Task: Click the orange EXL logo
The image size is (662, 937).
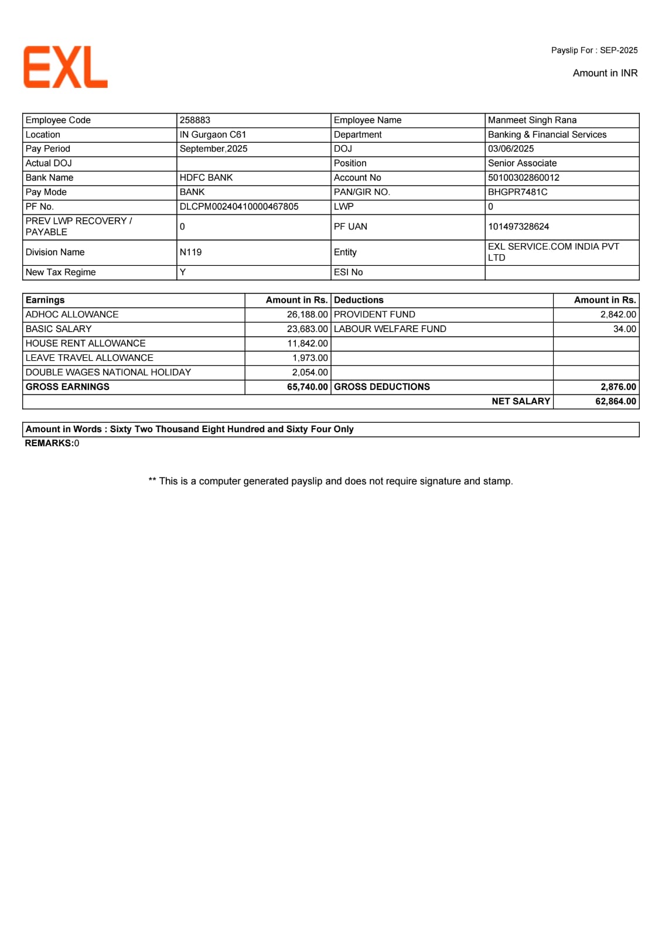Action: tap(66, 67)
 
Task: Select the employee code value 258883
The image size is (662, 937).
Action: tap(195, 120)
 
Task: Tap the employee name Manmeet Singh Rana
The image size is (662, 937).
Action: tap(532, 120)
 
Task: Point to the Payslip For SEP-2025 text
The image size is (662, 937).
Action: tap(594, 50)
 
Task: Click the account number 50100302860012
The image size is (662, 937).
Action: tap(524, 177)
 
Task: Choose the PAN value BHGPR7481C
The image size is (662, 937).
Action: tap(518, 192)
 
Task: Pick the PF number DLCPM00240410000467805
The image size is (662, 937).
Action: tap(239, 207)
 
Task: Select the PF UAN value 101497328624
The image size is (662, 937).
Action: tap(518, 227)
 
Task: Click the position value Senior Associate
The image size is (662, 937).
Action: tap(522, 163)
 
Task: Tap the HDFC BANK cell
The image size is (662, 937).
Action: tap(206, 177)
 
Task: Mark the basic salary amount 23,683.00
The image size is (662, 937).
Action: tap(307, 329)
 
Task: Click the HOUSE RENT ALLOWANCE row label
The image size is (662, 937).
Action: tap(86, 343)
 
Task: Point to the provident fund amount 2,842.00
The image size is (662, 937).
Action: tap(618, 314)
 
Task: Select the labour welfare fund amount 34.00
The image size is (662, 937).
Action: tap(625, 329)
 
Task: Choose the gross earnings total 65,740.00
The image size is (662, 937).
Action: tap(307, 387)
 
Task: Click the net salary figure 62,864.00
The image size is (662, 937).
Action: tap(615, 401)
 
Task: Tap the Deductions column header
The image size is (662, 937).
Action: tap(359, 300)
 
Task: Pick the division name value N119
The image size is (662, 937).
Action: tap(191, 252)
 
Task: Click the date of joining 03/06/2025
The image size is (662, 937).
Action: tap(511, 149)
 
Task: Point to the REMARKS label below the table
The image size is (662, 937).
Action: tap(49, 443)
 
